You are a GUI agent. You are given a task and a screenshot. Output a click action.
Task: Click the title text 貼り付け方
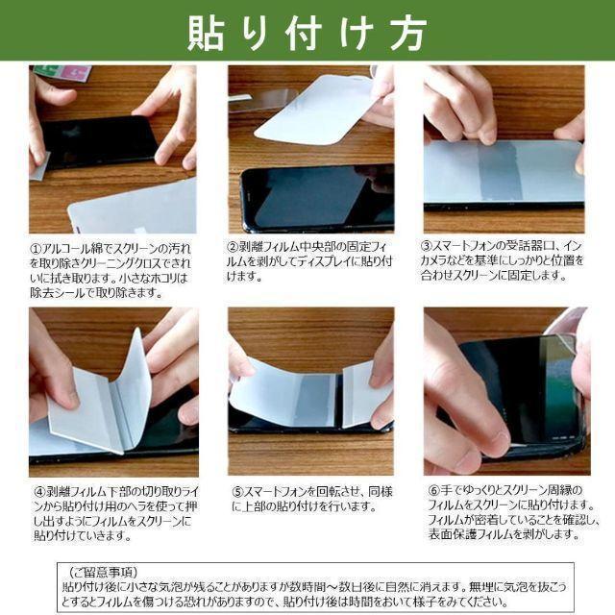click(x=307, y=32)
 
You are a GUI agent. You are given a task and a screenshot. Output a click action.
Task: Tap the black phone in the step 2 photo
click(x=317, y=197)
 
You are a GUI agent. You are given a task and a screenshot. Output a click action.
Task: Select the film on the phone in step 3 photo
click(x=504, y=171)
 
